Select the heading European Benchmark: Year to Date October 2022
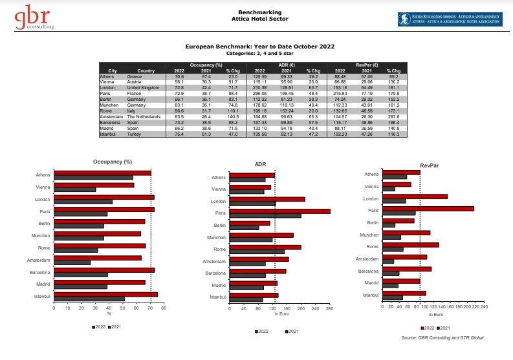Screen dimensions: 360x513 click(259, 48)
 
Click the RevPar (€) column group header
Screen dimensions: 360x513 click(367, 66)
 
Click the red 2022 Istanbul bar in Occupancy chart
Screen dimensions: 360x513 click(105, 295)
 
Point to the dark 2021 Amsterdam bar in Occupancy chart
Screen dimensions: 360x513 click(72, 262)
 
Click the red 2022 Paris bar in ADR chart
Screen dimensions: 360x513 click(279, 211)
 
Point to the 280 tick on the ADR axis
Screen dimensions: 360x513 click(329, 308)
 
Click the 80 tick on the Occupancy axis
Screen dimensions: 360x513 click(164, 308)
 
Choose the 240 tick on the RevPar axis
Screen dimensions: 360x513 click(484, 307)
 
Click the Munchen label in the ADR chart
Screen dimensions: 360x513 click(217, 238)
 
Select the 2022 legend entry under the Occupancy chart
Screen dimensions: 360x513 click(99, 328)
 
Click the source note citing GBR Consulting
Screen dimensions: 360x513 click(442, 337)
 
